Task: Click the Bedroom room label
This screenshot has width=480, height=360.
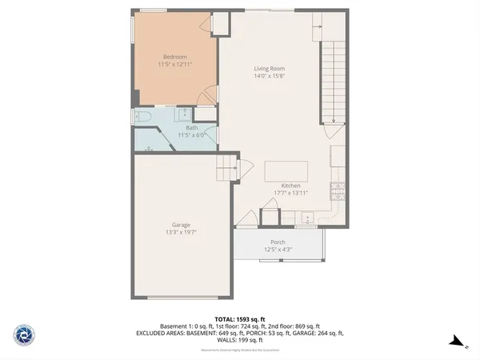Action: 174,57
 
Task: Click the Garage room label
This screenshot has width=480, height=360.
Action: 180,225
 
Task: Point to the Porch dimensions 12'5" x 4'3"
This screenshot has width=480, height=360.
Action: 278,250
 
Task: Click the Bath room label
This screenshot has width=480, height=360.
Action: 192,127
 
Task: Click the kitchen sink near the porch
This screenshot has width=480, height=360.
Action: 306,218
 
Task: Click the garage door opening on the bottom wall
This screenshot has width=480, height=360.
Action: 182,298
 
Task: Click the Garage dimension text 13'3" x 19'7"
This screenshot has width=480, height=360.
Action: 180,233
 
